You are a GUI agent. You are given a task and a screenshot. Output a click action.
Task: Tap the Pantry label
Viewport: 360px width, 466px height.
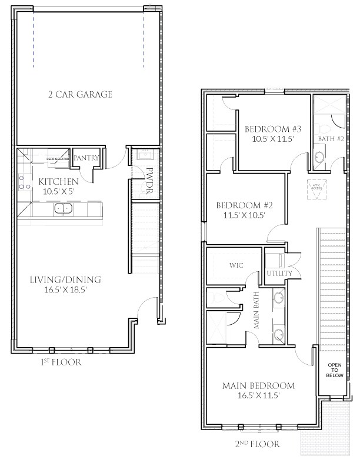click(x=86, y=158)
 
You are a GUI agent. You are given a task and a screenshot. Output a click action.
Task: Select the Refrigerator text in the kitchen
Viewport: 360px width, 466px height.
click(x=59, y=159)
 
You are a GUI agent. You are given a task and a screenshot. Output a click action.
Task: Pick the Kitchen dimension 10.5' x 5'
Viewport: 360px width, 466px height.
click(x=59, y=191)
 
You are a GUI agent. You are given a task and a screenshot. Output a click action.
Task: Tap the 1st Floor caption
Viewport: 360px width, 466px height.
click(x=61, y=362)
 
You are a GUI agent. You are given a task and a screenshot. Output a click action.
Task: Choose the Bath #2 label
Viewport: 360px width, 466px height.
click(x=327, y=139)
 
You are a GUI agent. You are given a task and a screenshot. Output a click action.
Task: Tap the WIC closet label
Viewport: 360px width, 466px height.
click(x=236, y=265)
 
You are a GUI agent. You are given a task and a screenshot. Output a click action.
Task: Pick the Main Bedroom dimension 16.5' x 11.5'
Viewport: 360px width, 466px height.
click(x=259, y=396)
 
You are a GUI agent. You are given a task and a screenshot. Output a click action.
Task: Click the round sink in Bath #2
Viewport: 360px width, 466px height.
click(x=318, y=158)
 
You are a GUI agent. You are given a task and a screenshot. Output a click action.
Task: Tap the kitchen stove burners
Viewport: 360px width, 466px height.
click(x=24, y=182)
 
